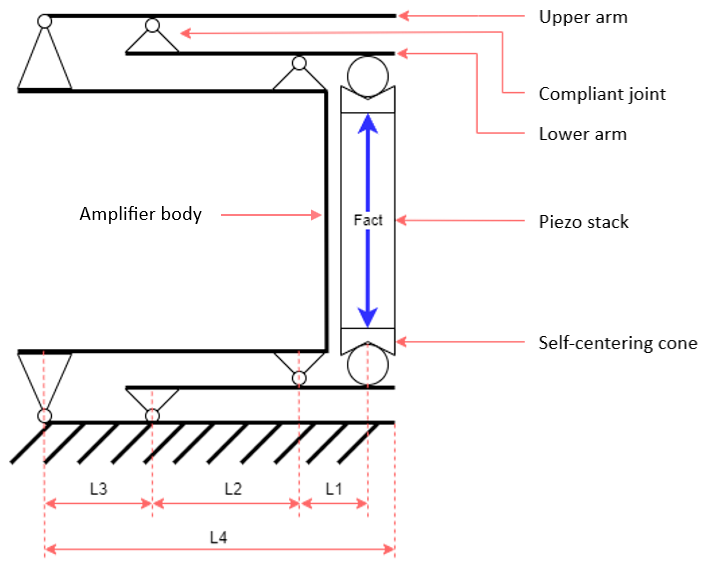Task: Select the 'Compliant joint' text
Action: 602,94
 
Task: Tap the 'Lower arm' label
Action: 582,134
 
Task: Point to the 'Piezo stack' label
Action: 583,222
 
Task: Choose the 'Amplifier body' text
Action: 140,214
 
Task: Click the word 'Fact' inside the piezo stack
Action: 368,220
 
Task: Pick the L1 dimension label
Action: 334,489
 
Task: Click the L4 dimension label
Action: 218,538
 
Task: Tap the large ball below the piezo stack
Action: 367,365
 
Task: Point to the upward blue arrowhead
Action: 368,125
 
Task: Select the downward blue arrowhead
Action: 368,316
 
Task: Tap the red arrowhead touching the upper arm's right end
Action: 403,16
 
